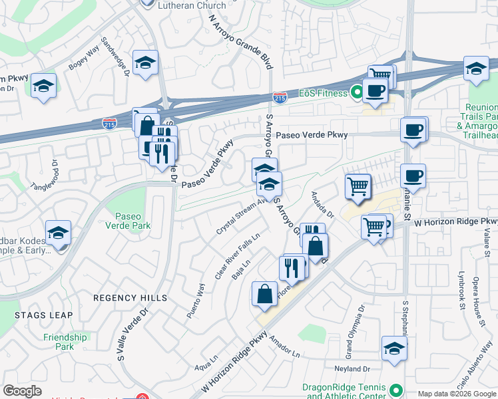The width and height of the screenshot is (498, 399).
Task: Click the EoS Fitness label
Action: [323, 93]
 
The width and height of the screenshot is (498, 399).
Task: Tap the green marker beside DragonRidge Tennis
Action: [397, 390]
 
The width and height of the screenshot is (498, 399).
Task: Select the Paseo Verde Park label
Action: [132, 221]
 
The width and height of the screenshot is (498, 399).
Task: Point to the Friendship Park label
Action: [65, 342]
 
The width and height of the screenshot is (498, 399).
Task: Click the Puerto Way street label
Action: [196, 301]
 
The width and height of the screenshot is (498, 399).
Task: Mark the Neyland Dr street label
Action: [353, 369]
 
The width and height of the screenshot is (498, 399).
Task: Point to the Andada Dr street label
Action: [322, 205]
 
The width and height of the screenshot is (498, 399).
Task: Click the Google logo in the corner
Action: [22, 391]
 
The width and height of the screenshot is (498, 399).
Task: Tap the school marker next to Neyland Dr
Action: [394, 347]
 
